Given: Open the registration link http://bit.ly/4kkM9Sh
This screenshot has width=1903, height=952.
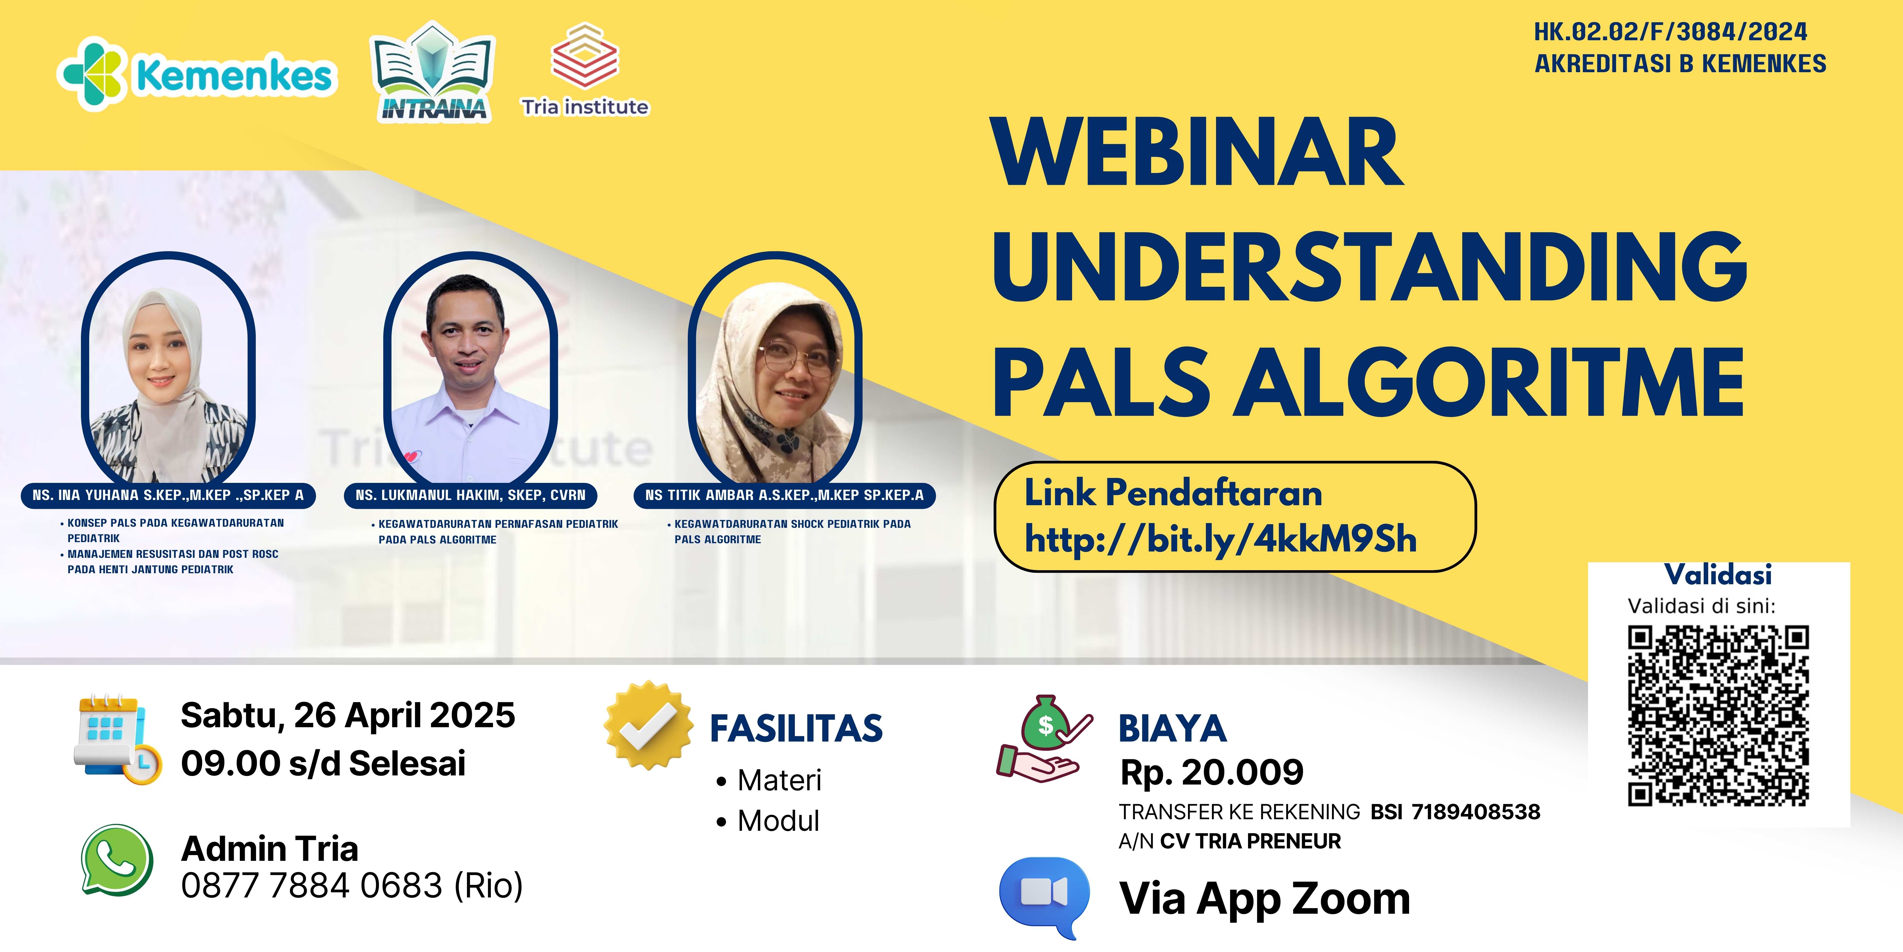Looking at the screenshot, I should point(1220,539).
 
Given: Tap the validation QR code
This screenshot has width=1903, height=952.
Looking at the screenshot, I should point(1718,715).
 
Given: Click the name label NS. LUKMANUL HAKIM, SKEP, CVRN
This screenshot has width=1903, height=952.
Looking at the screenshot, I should point(471,495).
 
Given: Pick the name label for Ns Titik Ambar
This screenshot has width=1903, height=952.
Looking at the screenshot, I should point(785,495).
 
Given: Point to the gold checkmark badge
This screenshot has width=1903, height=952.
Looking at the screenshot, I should point(648,725).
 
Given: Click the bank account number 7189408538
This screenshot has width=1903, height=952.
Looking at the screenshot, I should point(1475,812).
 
